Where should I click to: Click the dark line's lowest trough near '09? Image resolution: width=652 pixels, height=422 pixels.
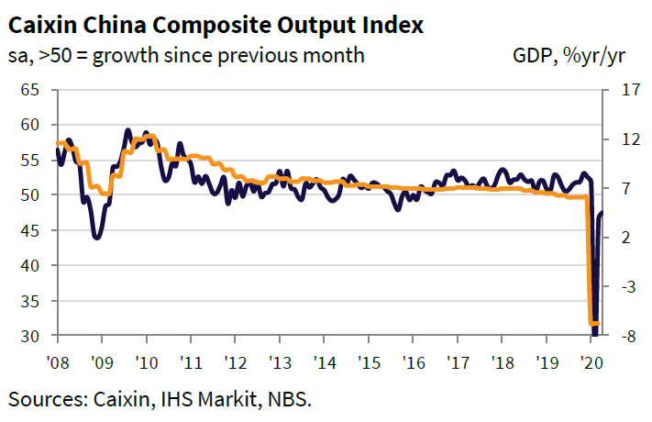coord(97,238)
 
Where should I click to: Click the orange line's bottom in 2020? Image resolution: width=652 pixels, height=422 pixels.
coord(592,323)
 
